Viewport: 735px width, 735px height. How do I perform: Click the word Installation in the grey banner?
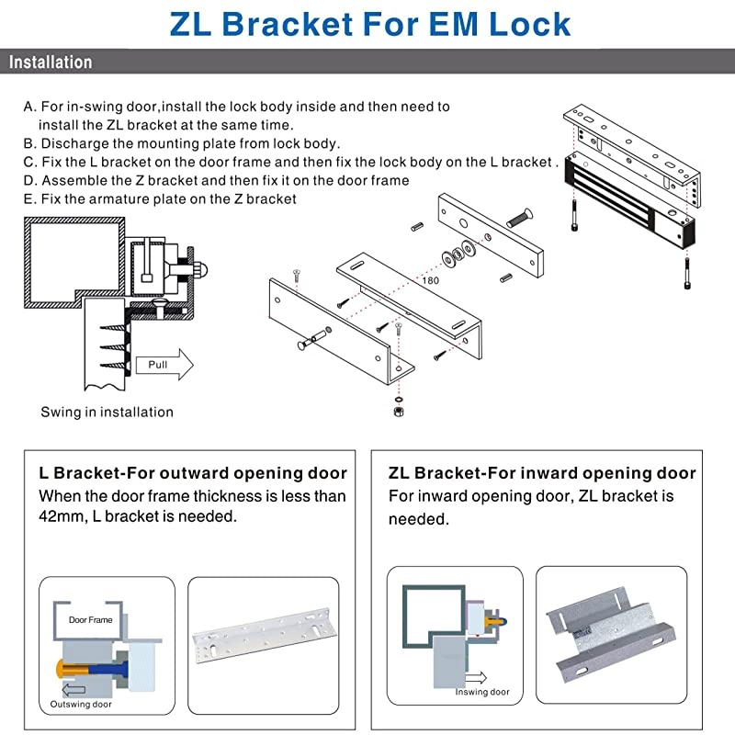tap(51, 62)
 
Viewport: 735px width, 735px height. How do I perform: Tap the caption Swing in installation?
tap(107, 412)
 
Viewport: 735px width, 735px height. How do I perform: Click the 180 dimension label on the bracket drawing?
tap(432, 279)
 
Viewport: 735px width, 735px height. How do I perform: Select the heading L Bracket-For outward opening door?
tap(193, 473)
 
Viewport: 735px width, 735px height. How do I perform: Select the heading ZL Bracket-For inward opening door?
tap(542, 473)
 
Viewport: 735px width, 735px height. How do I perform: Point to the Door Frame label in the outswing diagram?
tap(90, 620)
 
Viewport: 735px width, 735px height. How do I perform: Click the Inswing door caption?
tap(481, 692)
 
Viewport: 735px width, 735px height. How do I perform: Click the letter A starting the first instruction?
tap(28, 107)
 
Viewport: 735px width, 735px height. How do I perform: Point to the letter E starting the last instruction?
tap(28, 198)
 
